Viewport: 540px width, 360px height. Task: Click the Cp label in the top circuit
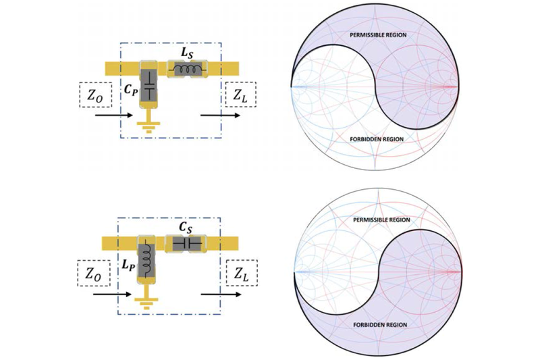[x=130, y=88]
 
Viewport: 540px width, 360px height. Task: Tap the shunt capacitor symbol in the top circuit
[x=148, y=88]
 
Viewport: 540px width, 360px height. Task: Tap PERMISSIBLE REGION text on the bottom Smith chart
[x=378, y=220]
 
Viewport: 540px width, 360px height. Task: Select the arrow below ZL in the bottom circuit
[x=219, y=295]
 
